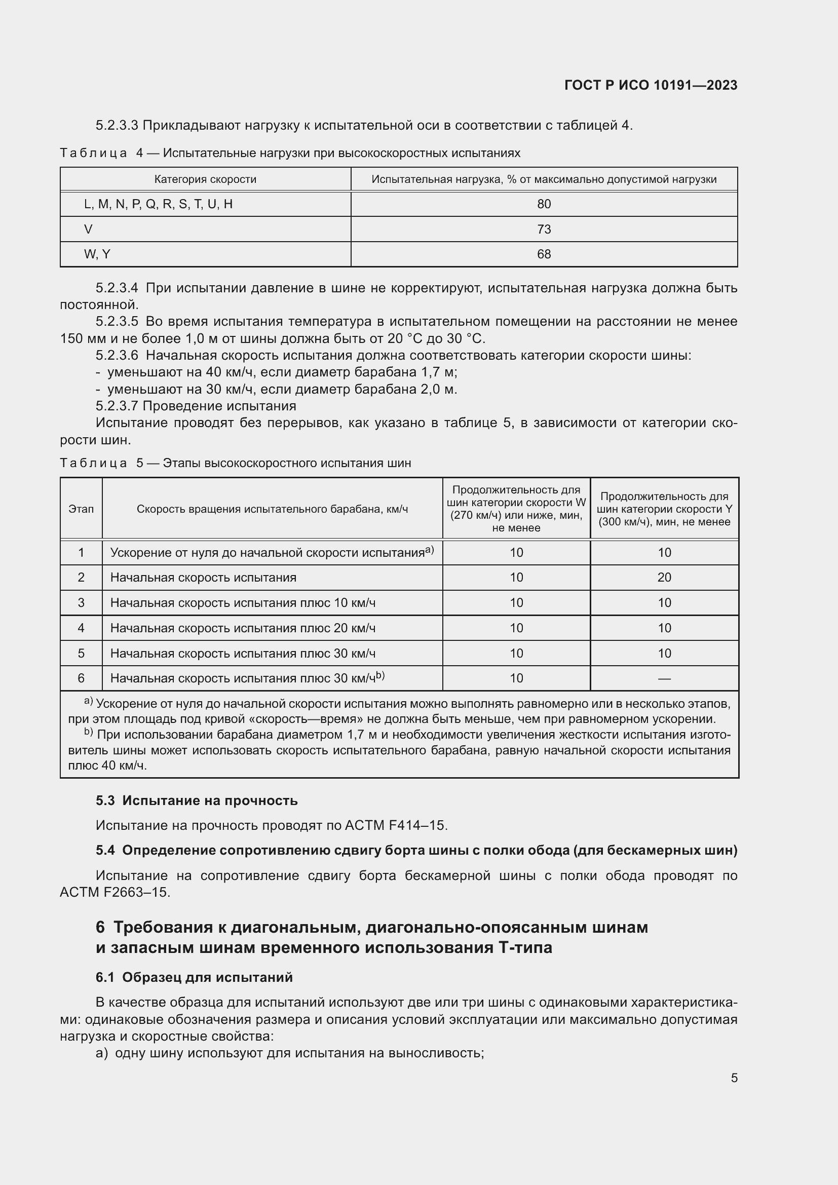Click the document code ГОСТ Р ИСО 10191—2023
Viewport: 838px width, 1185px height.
[x=651, y=85]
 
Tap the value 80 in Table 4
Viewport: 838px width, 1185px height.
[x=544, y=204]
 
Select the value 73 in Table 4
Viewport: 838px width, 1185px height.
[x=544, y=229]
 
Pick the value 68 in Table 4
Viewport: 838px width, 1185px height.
[x=544, y=254]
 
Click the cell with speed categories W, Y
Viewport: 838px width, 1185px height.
[x=97, y=254]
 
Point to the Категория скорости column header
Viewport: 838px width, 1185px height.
[x=205, y=180]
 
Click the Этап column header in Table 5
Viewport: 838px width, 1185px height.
[x=81, y=509]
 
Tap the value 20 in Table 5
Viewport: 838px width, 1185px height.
[x=664, y=578]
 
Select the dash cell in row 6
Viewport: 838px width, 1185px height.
[x=664, y=679]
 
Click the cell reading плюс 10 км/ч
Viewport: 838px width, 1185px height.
[x=243, y=603]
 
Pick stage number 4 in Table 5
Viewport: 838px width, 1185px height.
[x=81, y=628]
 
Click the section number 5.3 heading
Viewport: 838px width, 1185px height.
[x=105, y=800]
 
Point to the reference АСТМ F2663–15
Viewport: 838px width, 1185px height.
[x=115, y=892]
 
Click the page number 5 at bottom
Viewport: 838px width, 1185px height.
[x=734, y=1078]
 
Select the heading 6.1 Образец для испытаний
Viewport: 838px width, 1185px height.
[x=194, y=977]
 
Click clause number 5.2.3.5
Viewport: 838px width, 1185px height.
[x=117, y=322]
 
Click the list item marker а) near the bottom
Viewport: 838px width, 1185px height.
[x=102, y=1053]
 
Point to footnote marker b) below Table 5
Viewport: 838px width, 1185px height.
[x=88, y=733]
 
